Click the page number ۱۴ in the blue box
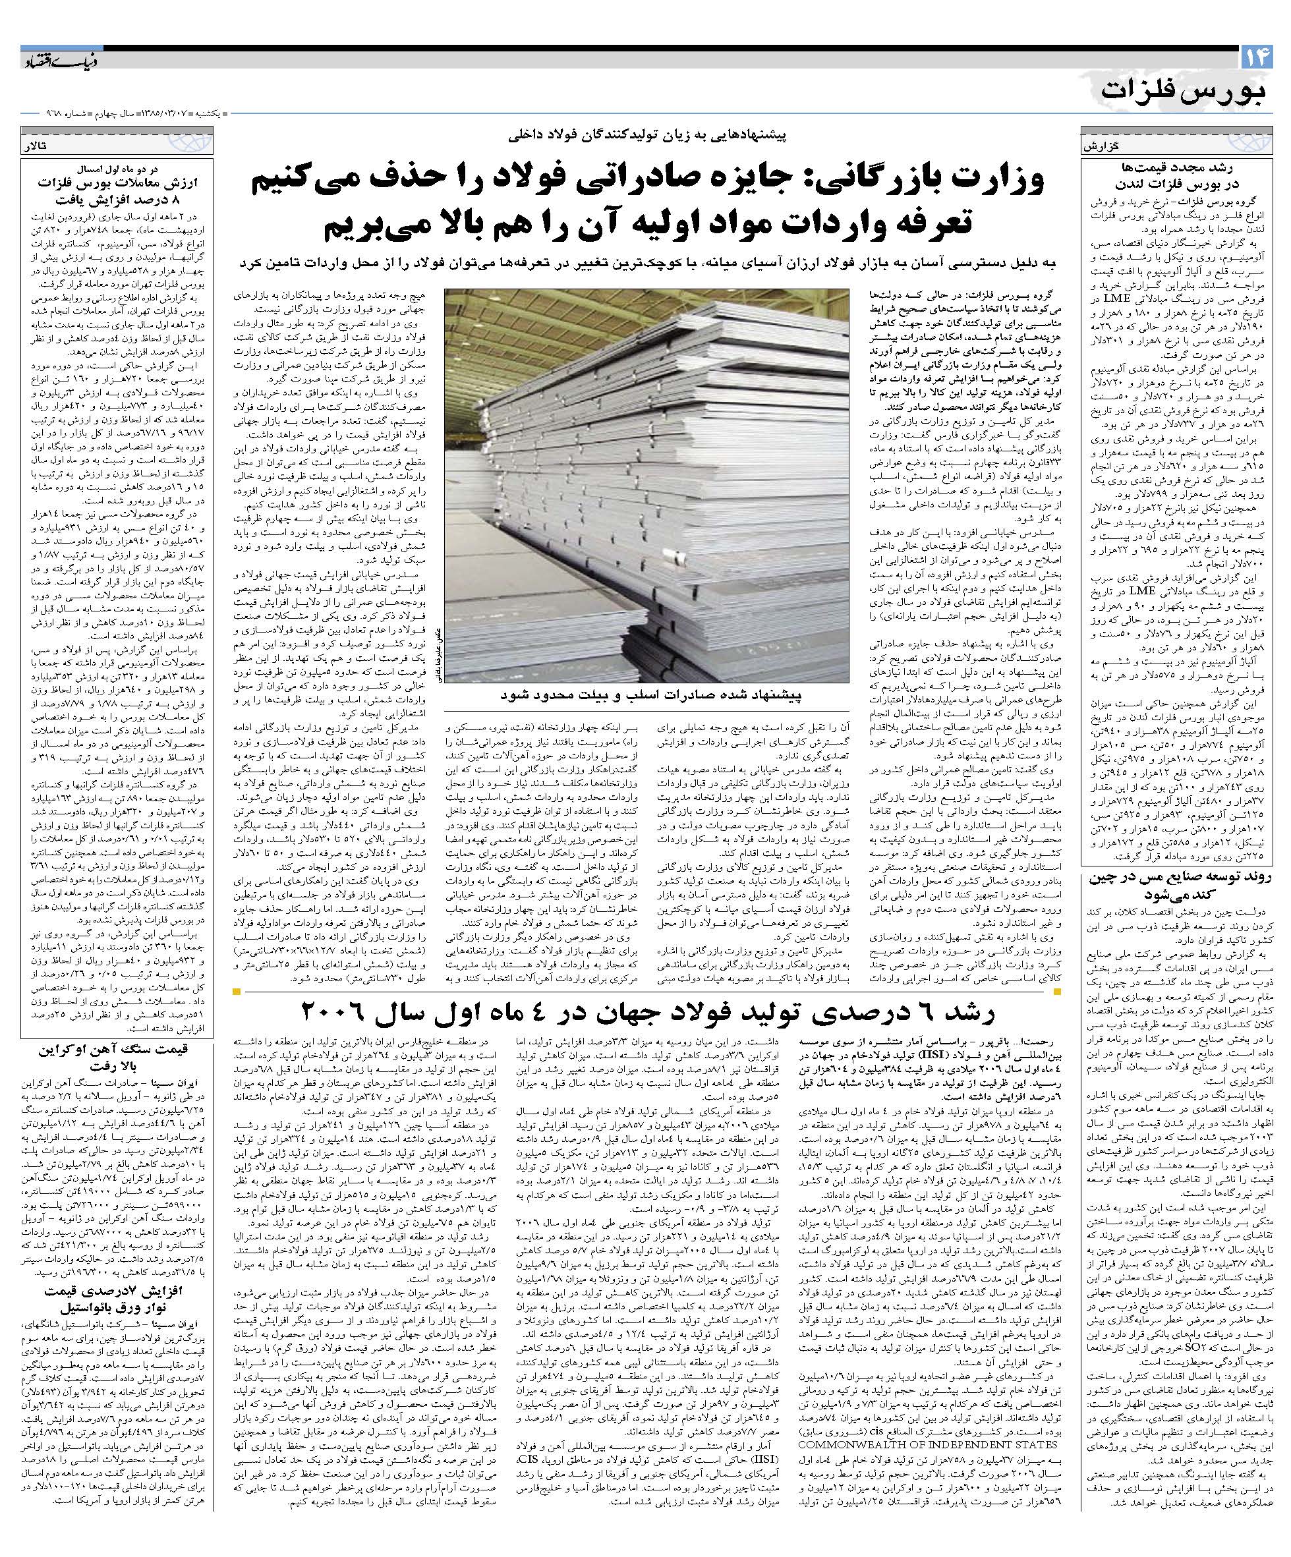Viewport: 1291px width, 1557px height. [x=1255, y=58]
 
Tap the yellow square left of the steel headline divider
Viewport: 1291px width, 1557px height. [x=237, y=991]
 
